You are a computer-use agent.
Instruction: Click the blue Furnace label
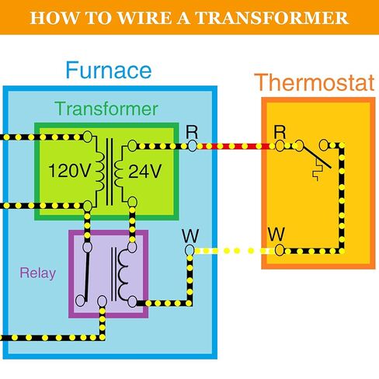click(x=108, y=71)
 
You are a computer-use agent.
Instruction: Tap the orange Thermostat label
click(x=315, y=82)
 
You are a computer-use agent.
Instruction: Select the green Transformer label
click(x=106, y=109)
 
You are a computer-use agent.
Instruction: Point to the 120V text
click(x=70, y=171)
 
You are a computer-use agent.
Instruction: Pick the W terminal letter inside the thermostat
click(x=275, y=234)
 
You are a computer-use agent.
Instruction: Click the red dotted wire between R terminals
click(x=233, y=145)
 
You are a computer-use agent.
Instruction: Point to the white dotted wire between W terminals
click(x=233, y=251)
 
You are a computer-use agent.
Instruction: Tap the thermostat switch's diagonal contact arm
click(x=322, y=157)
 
